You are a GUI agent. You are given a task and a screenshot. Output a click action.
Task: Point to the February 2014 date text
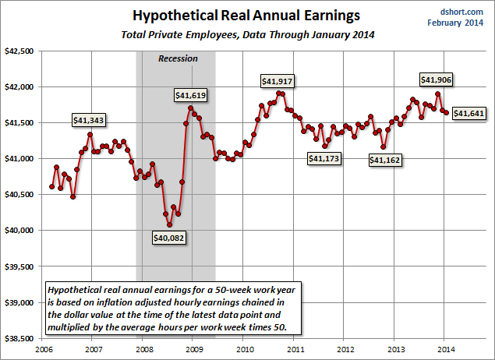click(460, 22)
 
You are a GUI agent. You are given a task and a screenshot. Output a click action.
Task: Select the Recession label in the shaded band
click(178, 58)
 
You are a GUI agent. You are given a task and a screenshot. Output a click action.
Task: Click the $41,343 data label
click(89, 120)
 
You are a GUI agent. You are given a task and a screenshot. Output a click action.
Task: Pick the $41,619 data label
click(191, 94)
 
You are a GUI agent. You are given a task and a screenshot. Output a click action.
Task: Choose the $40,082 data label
click(169, 238)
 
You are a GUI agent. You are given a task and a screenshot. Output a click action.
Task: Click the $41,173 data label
click(324, 158)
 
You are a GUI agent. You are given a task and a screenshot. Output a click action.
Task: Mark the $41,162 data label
click(384, 160)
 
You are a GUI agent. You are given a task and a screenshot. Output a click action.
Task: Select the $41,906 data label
click(437, 79)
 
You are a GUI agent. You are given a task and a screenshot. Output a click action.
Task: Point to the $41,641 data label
click(470, 114)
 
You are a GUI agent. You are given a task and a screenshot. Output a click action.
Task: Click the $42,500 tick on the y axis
click(23, 51)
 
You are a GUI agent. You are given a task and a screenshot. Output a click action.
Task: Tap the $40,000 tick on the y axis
click(23, 231)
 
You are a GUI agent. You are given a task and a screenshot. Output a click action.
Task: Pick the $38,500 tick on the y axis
click(23, 338)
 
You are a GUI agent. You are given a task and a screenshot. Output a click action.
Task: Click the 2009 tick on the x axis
click(192, 349)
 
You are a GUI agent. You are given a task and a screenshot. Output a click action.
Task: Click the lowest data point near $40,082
click(169, 224)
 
